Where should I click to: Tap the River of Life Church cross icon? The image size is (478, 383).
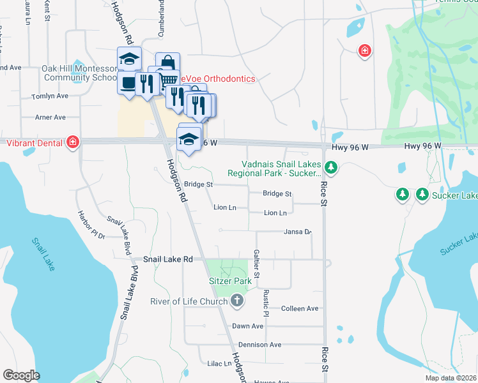tap(236, 301)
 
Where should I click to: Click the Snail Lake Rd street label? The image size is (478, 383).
tap(167, 259)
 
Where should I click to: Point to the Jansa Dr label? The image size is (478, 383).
tap(297, 232)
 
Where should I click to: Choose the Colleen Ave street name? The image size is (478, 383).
tap(299, 308)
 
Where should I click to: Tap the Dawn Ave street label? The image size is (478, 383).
tap(248, 326)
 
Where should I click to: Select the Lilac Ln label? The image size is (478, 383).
tap(219, 363)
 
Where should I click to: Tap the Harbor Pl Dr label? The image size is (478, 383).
tap(91, 225)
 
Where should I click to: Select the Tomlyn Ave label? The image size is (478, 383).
tap(50, 96)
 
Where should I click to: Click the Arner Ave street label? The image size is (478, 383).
tap(50, 117)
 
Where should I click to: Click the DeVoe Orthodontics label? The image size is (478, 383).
tap(217, 79)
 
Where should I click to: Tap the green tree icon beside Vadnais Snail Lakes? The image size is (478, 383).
tap(330, 168)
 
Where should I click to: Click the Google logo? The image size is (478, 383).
tap(21, 375)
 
